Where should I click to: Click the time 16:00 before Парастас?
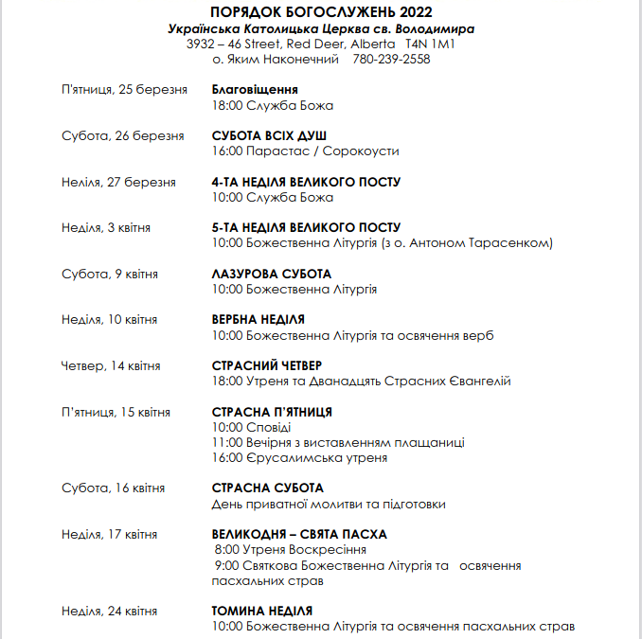(x=228, y=151)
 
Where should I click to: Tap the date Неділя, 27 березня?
(x=118, y=182)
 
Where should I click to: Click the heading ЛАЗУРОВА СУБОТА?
(x=271, y=274)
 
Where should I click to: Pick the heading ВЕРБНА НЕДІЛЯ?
(x=258, y=320)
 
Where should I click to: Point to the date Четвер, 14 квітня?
(x=111, y=365)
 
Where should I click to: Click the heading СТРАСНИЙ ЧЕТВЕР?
(x=266, y=365)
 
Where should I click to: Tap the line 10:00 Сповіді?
(x=244, y=427)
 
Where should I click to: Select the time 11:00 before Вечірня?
(x=227, y=442)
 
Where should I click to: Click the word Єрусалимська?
(x=288, y=457)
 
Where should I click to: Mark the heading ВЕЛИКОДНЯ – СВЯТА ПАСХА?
(x=299, y=534)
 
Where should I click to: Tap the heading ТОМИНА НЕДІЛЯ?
(x=261, y=611)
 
